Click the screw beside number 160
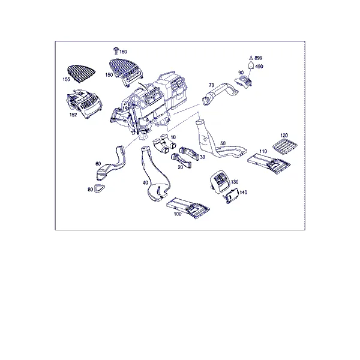(116, 51)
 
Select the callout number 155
(67, 79)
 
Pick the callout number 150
(109, 75)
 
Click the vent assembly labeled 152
(84, 104)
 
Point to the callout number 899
(258, 58)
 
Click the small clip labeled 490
(251, 65)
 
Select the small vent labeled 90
(244, 82)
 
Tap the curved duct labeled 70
(219, 94)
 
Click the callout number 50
(223, 143)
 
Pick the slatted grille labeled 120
(284, 145)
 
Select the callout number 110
(263, 151)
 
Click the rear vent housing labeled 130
(220, 181)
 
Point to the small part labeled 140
(231, 196)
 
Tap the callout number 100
(178, 214)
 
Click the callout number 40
(145, 183)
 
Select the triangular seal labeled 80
(99, 189)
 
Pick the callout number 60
(98, 164)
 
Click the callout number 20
(181, 167)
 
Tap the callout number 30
(203, 157)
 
